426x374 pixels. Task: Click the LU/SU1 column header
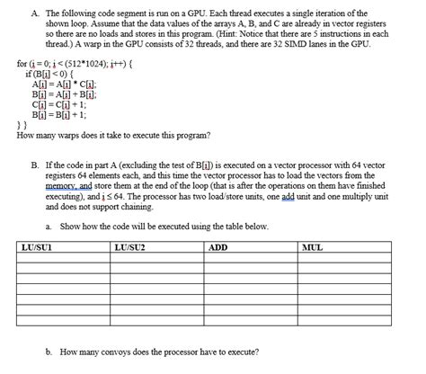[35, 246]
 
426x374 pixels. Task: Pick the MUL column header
[314, 246]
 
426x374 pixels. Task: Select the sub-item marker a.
[46, 226]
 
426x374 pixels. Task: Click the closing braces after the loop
[22, 126]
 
